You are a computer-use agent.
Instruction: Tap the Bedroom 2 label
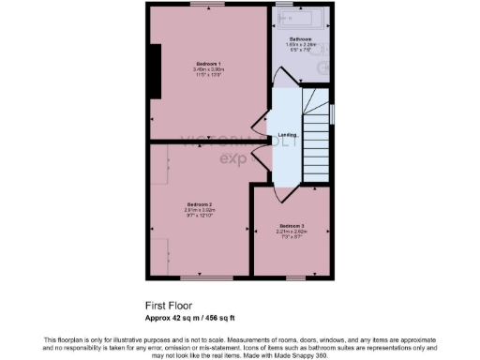(x=199, y=204)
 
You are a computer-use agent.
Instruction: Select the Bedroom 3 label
(x=292, y=226)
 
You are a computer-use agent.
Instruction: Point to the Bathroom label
(x=300, y=39)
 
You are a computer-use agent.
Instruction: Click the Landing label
(x=288, y=135)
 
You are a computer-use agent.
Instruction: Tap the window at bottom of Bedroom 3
(x=292, y=277)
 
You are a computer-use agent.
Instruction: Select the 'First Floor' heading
(x=167, y=305)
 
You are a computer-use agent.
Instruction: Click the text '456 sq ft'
(x=221, y=317)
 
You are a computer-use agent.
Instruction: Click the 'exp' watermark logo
(x=232, y=158)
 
